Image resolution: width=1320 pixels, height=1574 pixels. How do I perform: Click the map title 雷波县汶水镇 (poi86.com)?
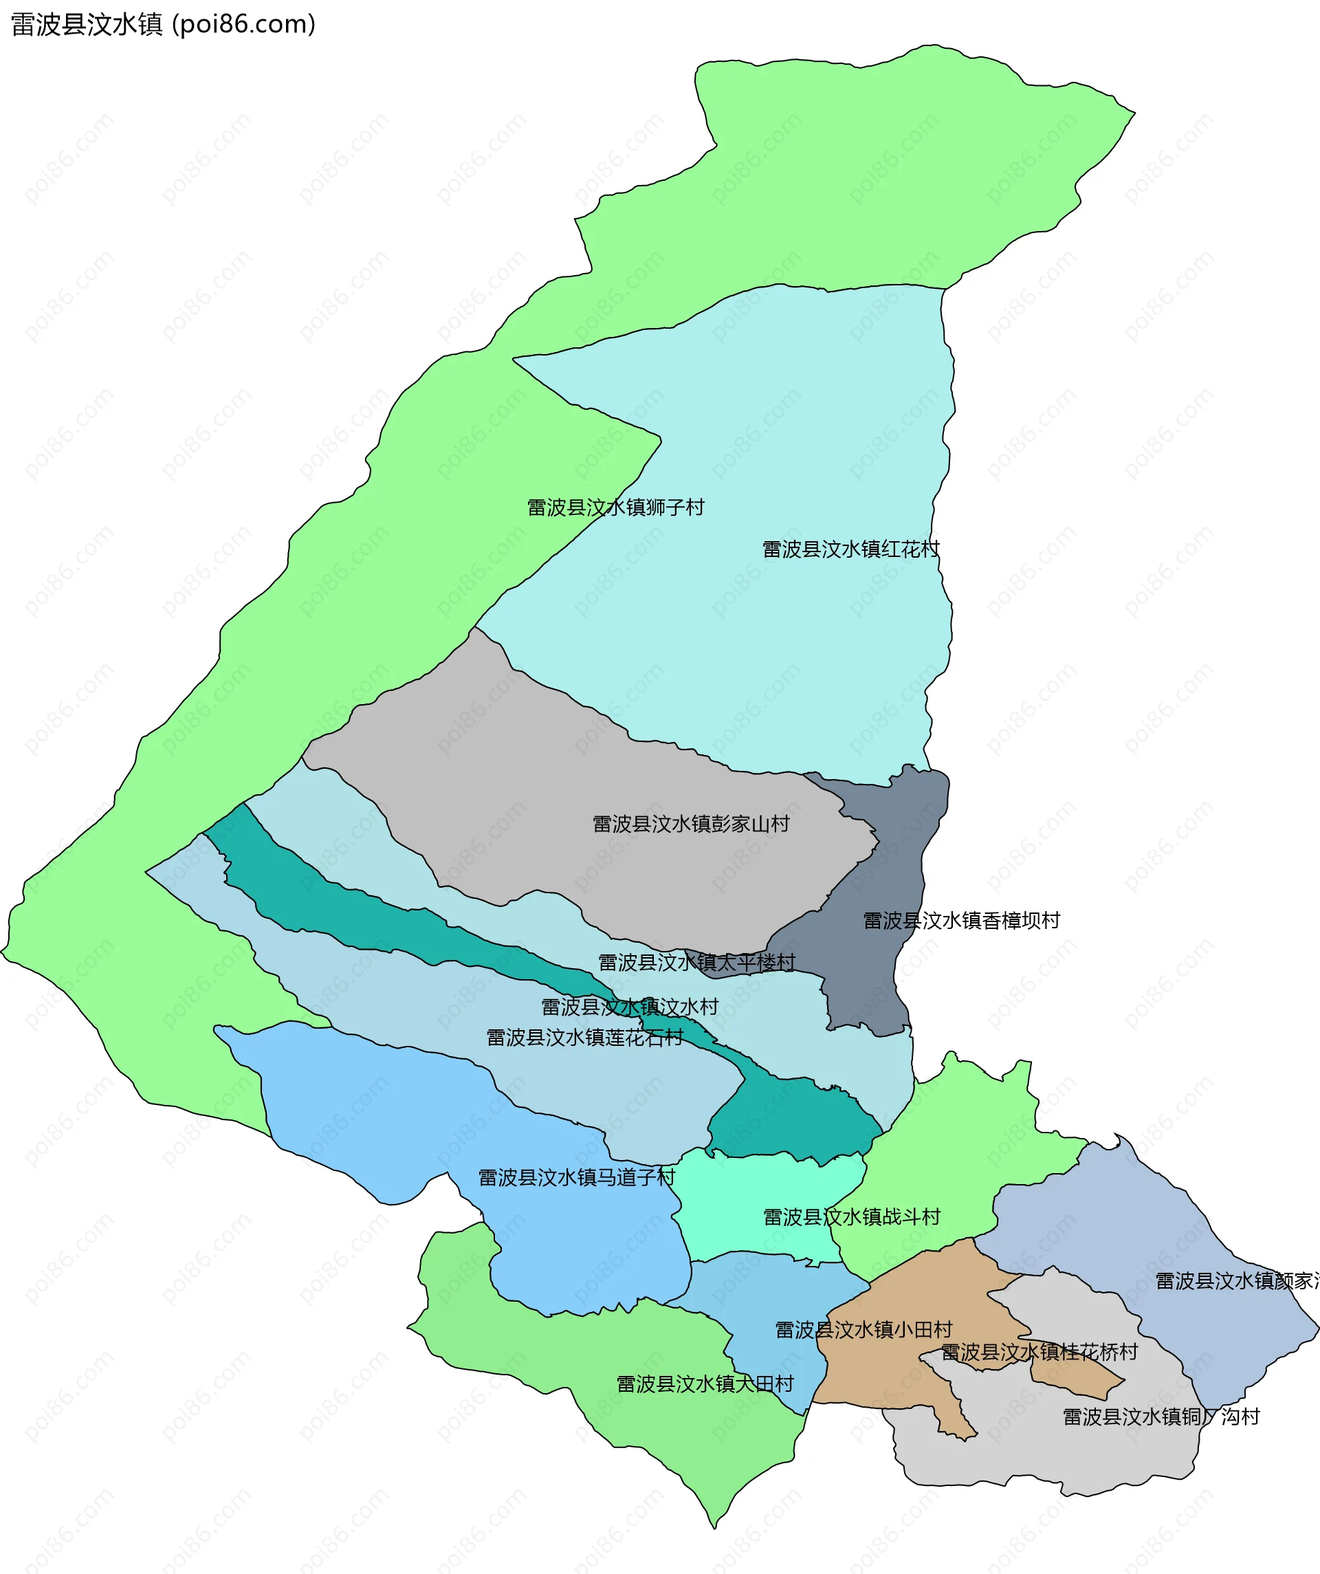coord(163,24)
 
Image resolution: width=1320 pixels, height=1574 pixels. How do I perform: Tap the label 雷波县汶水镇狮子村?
coord(615,507)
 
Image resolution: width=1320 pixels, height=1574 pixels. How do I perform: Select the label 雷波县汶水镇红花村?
coord(850,549)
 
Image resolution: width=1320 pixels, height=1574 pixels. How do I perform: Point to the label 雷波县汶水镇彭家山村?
coord(691,824)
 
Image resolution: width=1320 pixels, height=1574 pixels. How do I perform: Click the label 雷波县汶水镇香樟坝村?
coord(961,921)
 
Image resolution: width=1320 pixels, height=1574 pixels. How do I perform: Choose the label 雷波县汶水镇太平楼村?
coord(696,963)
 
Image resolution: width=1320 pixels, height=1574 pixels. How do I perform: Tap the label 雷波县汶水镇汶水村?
coord(630,1007)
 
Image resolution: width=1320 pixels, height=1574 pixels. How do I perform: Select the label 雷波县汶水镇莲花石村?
coord(584,1038)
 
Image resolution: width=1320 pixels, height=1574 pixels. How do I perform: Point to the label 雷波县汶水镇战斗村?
coord(852,1216)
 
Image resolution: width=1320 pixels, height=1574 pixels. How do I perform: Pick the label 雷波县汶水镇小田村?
coord(863,1330)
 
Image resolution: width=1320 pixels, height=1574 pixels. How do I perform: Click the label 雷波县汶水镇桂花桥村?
coord(1039,1352)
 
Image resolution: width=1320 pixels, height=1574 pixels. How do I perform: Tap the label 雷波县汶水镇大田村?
coord(705,1384)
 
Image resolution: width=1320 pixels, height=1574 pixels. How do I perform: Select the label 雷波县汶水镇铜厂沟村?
coord(1161,1417)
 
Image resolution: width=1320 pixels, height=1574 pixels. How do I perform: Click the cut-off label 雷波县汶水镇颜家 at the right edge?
coord(1237,1281)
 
